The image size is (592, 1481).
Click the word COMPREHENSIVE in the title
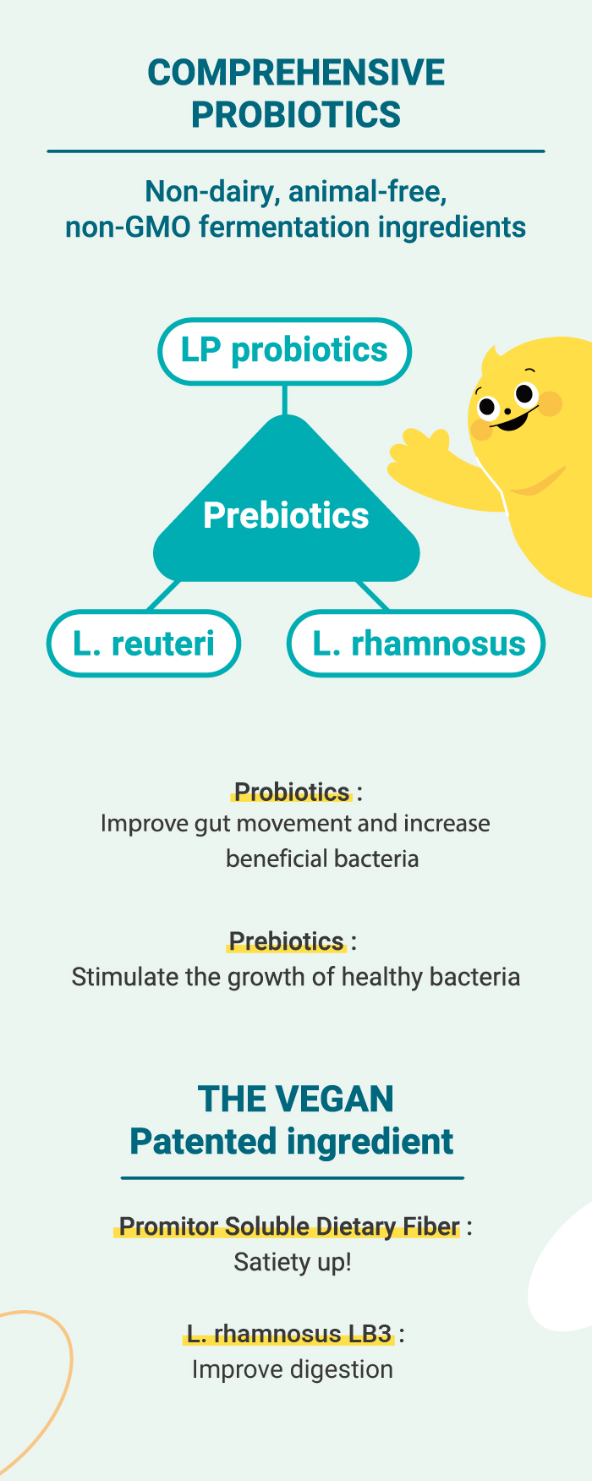[296, 73]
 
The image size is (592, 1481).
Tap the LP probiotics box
[285, 351]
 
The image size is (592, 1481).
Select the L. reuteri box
[144, 644]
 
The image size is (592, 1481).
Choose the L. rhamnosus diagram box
[416, 644]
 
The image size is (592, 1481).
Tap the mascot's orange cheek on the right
[550, 403]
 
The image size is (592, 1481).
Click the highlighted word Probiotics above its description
[292, 792]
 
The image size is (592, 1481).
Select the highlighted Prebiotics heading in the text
[287, 941]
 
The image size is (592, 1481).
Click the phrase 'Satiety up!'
[293, 1262]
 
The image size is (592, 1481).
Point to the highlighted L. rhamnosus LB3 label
[289, 1334]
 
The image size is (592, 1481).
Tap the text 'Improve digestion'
[293, 1369]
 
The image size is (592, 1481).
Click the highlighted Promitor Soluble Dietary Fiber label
[289, 1226]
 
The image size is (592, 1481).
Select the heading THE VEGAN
[296, 1099]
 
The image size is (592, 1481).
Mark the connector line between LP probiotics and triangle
[285, 400]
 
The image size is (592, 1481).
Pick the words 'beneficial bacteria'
[322, 858]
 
